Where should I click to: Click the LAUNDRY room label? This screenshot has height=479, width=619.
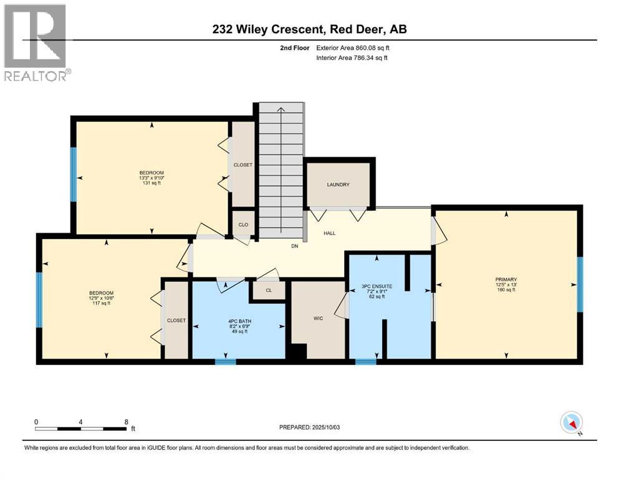point(338,185)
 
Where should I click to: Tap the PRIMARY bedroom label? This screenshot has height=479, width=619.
point(506,279)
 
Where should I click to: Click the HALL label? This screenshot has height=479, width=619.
point(329,233)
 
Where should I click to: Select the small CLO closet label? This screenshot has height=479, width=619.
point(243,223)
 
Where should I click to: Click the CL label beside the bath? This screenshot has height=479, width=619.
point(268,290)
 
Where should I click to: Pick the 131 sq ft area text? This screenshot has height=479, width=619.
point(151,183)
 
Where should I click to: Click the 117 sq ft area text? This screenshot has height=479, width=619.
point(102,304)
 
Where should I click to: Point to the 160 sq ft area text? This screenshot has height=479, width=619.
point(506,290)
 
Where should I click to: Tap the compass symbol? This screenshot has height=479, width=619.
point(571,423)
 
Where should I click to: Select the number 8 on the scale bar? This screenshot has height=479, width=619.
point(126,422)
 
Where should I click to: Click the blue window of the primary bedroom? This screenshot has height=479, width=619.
point(580,284)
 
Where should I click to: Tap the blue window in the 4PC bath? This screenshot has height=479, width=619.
point(226,360)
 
